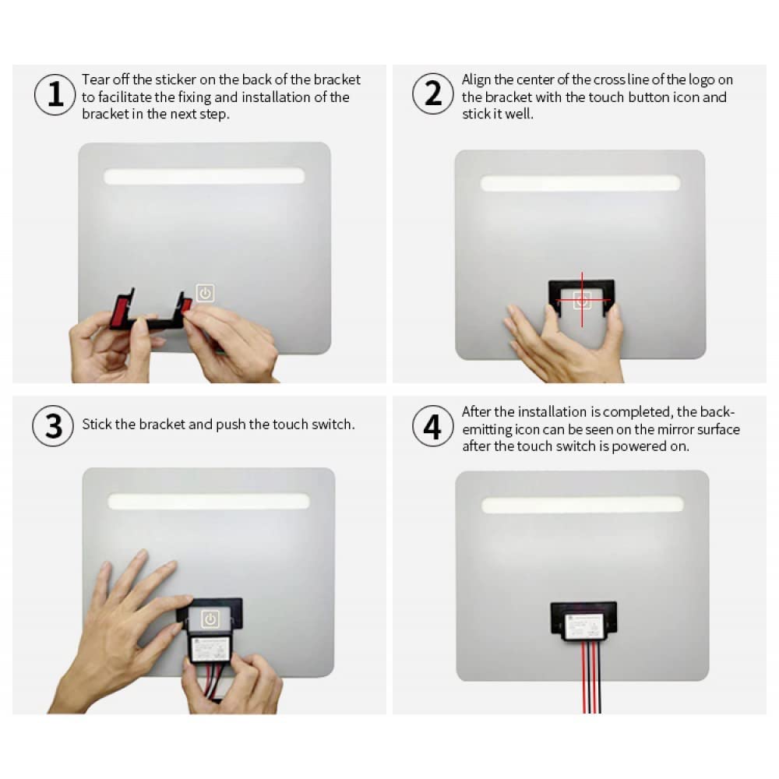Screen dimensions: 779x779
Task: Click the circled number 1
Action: (x=55, y=94)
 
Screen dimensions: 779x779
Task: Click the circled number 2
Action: (x=432, y=93)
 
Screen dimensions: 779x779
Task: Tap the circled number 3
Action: (x=54, y=425)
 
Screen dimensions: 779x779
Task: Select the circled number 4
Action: (x=432, y=426)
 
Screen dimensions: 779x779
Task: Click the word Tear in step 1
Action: (x=95, y=79)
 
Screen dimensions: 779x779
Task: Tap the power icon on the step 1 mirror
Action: (x=205, y=293)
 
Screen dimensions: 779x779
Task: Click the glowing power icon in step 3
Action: (x=210, y=619)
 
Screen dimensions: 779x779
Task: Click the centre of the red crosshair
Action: (x=582, y=300)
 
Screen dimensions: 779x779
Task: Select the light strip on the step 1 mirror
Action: (x=204, y=176)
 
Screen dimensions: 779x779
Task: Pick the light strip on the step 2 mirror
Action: (x=580, y=183)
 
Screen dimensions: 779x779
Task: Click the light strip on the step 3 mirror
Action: (x=209, y=501)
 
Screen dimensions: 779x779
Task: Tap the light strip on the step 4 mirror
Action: (x=582, y=505)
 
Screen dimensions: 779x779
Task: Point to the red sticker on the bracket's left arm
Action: (x=121, y=311)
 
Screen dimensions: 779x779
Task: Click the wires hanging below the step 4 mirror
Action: (x=591, y=677)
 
